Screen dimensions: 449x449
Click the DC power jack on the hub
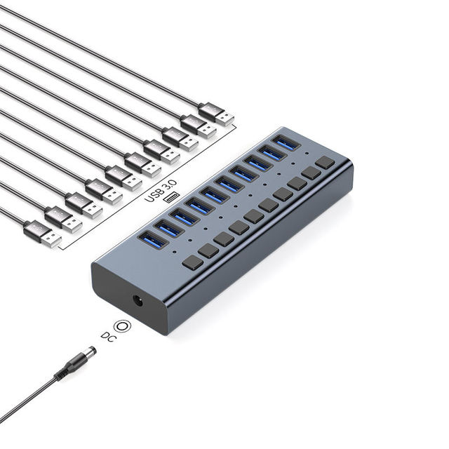(139, 302)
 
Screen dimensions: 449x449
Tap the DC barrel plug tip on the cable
(91, 351)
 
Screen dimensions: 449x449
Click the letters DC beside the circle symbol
(109, 337)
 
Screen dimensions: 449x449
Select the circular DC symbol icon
(123, 326)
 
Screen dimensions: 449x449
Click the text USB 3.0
(161, 191)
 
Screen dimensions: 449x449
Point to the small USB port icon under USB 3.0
(171, 197)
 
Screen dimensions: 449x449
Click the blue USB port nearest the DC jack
(153, 240)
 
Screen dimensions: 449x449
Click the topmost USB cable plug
(216, 114)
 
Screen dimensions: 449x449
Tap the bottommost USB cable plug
(42, 234)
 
